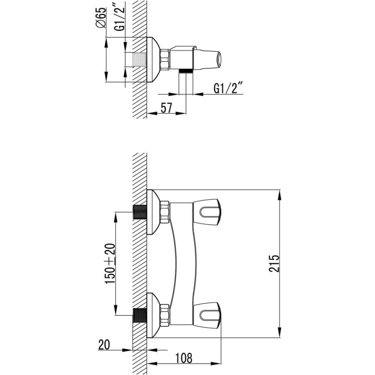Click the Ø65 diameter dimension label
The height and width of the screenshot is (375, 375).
(101, 17)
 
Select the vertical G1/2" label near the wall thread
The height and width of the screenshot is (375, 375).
(120, 19)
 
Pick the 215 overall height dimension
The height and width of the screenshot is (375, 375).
(274, 264)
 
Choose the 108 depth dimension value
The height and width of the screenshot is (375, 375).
(184, 358)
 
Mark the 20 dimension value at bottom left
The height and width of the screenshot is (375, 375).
(104, 345)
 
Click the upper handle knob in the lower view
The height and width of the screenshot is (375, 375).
(207, 212)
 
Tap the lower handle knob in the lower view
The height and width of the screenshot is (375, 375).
(207, 315)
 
